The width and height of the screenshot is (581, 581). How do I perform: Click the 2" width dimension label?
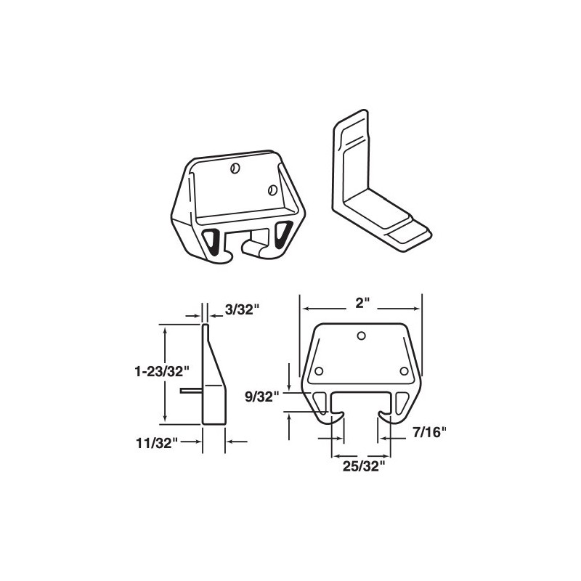pyautogui.click(x=361, y=304)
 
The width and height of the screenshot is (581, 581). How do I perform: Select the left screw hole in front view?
pyautogui.click(x=318, y=371)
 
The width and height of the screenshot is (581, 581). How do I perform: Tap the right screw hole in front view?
pyautogui.click(x=405, y=371)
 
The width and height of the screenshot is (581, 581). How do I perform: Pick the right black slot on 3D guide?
pyautogui.click(x=282, y=232)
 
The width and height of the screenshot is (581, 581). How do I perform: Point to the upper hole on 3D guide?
pyautogui.click(x=234, y=168)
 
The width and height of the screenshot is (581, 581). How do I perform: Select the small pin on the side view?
pyautogui.click(x=192, y=390)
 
